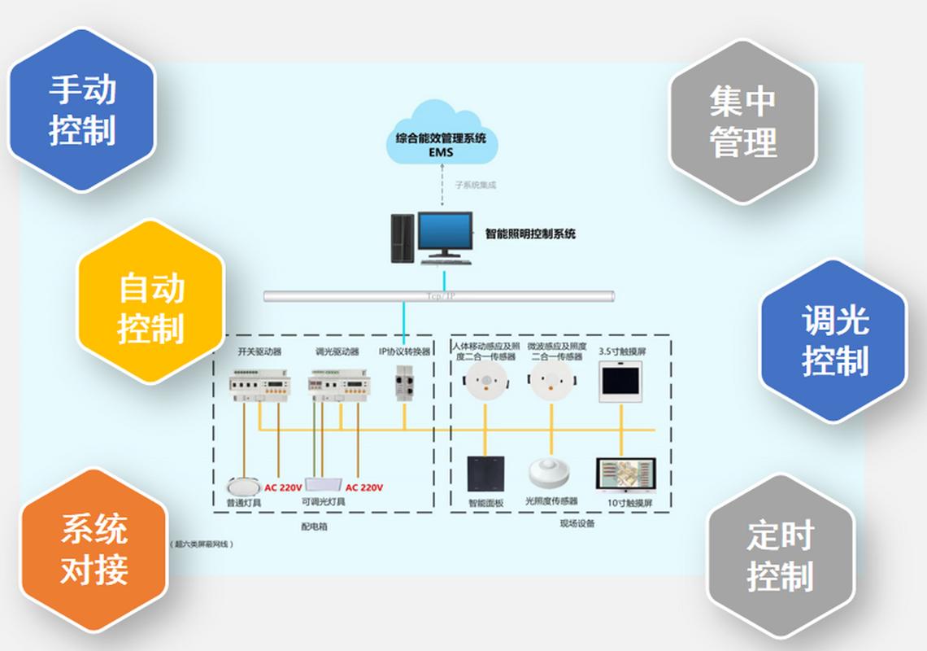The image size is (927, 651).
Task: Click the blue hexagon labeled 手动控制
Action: [x=81, y=111]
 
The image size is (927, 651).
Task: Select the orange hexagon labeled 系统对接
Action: [x=94, y=550]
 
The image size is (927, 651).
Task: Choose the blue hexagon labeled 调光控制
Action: [x=833, y=341]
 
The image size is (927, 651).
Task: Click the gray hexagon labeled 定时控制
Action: [x=780, y=557]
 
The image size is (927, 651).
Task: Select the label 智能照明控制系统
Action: [x=530, y=234]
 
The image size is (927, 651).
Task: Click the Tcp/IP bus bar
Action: [x=439, y=296]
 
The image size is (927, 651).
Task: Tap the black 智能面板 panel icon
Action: [x=485, y=474]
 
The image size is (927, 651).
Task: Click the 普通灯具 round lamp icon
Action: [x=242, y=486]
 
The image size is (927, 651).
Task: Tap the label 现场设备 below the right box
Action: [x=577, y=524]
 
